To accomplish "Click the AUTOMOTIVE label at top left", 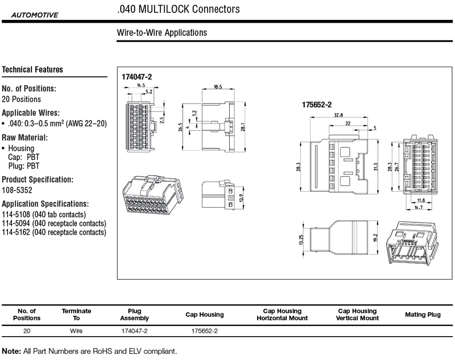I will (x=34, y=15).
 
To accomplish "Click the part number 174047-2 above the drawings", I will (x=137, y=76).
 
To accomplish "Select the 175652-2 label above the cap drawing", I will (x=316, y=104).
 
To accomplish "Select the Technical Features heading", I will (x=32, y=70).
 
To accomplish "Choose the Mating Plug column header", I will (x=423, y=315).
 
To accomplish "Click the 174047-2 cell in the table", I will (x=135, y=330).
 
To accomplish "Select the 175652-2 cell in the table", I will (x=205, y=330).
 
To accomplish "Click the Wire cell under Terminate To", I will (x=76, y=330).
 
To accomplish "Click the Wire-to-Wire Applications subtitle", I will (x=162, y=33).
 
